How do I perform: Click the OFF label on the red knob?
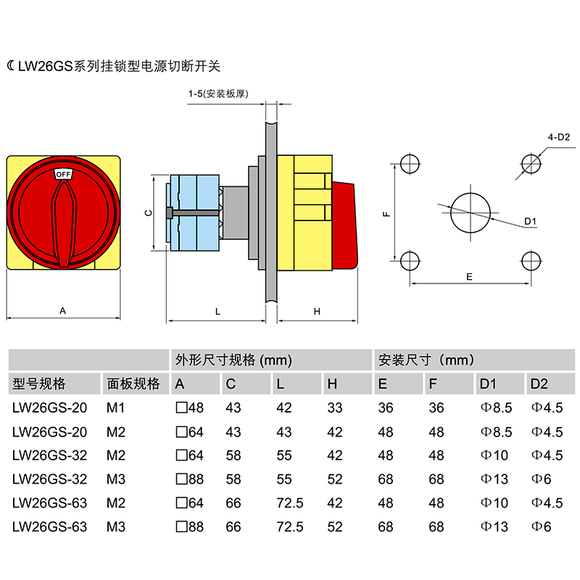pyautogui.click(x=63, y=174)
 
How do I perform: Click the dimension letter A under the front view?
pyautogui.click(x=63, y=310)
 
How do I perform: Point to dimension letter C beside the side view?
pyautogui.click(x=147, y=213)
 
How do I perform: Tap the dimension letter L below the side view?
pyautogui.click(x=217, y=311)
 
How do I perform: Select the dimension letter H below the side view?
pyautogui.click(x=317, y=311)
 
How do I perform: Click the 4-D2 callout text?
pyautogui.click(x=559, y=136)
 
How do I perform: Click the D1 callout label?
pyautogui.click(x=529, y=221)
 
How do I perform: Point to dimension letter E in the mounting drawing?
pyautogui.click(x=469, y=277)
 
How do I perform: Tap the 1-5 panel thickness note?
pyautogui.click(x=218, y=94)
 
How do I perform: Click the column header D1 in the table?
pyautogui.click(x=488, y=384)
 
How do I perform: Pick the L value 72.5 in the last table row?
pyautogui.click(x=289, y=527)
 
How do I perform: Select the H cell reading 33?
pyautogui.click(x=334, y=408)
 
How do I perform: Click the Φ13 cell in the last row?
pyautogui.click(x=494, y=527)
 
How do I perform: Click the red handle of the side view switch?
pyautogui.click(x=344, y=225)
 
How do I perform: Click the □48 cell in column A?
pyautogui.click(x=190, y=408)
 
